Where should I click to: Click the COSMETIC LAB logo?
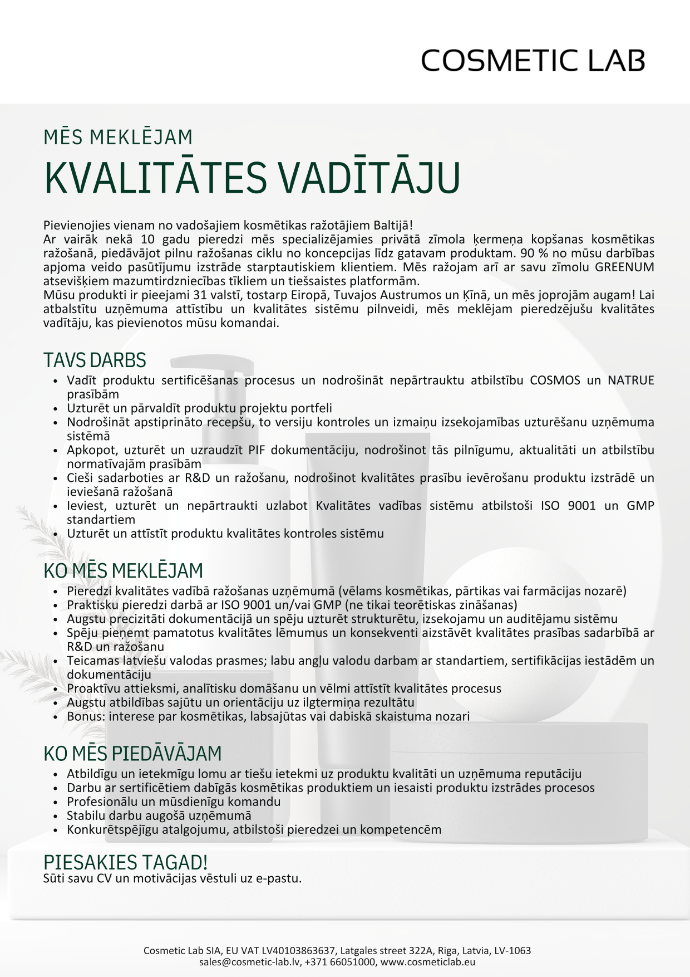[533, 60]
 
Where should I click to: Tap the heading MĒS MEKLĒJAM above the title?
[118, 137]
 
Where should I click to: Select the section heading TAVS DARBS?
[95, 360]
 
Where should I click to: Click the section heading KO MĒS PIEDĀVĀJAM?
[132, 753]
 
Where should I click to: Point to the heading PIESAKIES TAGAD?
[125, 862]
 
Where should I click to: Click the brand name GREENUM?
[624, 267]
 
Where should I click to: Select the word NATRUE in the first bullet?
[630, 380]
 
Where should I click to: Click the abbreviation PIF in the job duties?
[256, 450]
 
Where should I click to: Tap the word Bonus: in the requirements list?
[86, 716]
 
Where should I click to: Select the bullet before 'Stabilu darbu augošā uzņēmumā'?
[55, 816]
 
